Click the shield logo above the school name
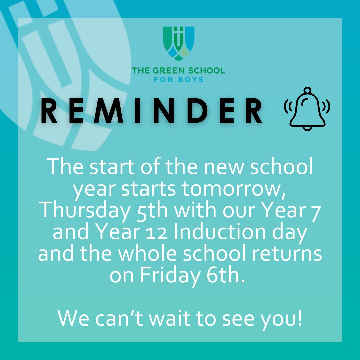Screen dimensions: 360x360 (178, 44)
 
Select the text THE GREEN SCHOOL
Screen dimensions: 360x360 (178, 71)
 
